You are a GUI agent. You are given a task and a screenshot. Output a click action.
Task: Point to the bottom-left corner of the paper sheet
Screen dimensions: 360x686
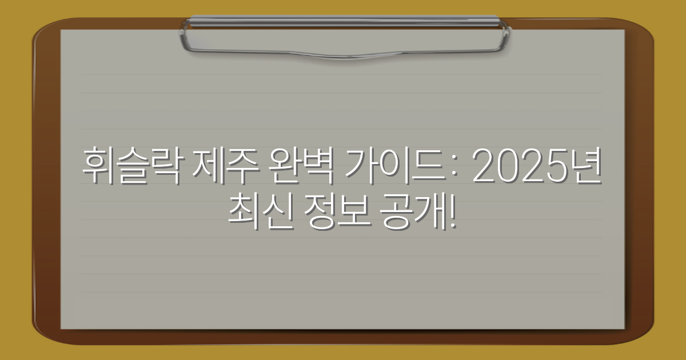(x=62, y=328)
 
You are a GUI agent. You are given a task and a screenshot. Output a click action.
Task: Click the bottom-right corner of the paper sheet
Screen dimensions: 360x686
(x=624, y=328)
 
